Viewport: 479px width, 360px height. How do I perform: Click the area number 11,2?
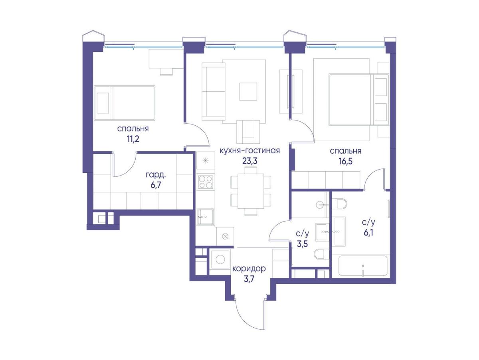[x=133, y=139]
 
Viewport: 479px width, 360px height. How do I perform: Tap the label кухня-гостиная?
[x=249, y=150]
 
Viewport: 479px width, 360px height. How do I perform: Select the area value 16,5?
[x=346, y=162]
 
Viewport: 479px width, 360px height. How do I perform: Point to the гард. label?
[x=156, y=175]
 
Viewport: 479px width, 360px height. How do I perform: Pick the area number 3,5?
[x=302, y=243]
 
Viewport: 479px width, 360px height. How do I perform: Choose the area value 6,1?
[x=368, y=233]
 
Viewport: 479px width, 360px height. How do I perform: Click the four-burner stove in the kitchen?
[x=206, y=182]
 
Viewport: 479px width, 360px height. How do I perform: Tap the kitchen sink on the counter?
[x=206, y=217]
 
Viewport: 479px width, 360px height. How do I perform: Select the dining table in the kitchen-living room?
[x=251, y=191]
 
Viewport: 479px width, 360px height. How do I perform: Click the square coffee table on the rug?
[x=248, y=91]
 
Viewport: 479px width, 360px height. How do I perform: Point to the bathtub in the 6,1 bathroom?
[x=363, y=265]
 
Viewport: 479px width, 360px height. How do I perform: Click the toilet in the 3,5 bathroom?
[x=321, y=254]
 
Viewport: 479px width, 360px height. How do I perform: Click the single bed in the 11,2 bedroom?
[x=125, y=103]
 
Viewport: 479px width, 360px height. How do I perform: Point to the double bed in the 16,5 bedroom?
[x=359, y=100]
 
